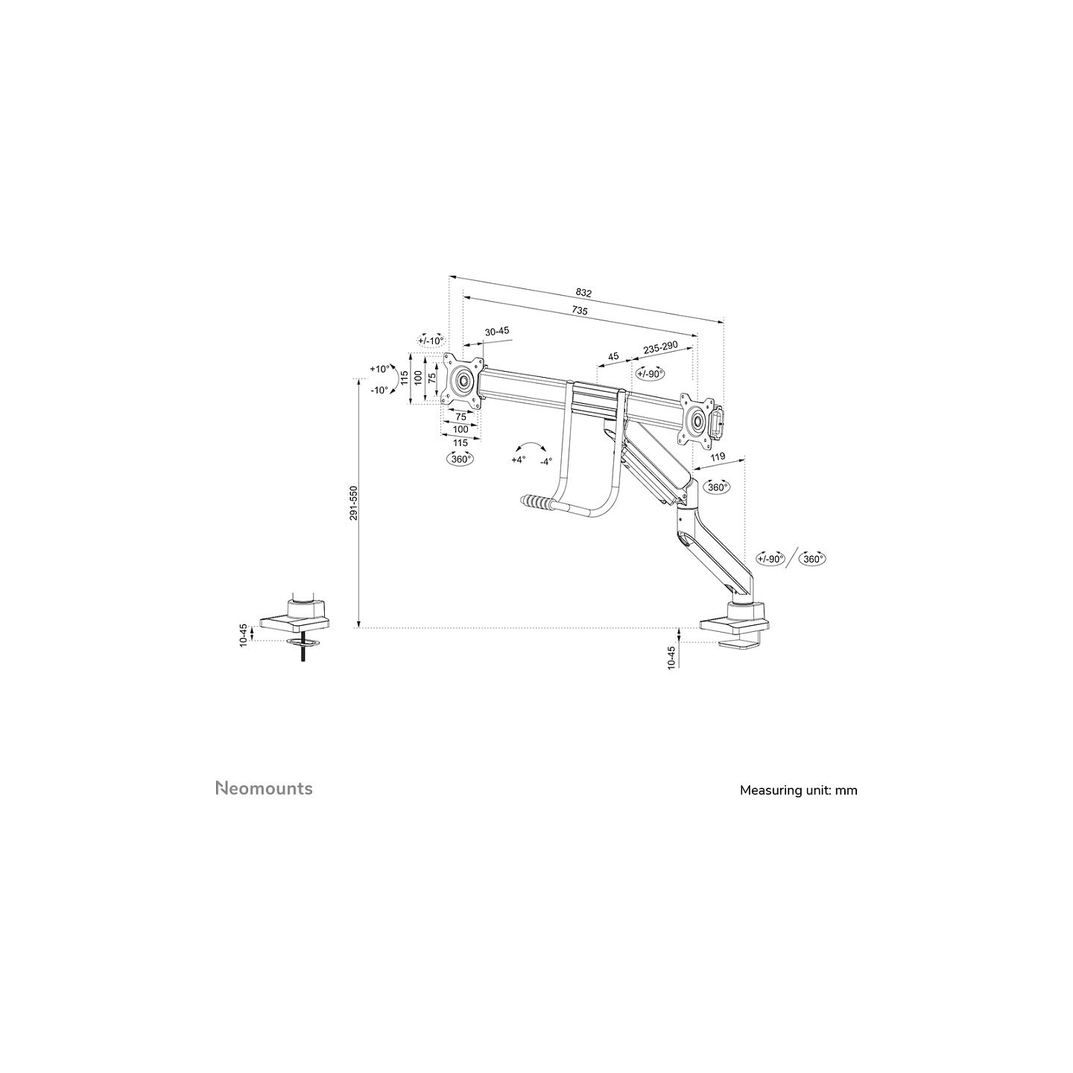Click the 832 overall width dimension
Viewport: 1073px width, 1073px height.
click(583, 293)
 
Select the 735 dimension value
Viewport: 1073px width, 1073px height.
click(580, 311)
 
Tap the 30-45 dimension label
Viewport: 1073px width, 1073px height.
click(497, 331)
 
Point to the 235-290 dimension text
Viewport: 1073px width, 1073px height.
click(660, 347)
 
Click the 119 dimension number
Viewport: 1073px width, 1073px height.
click(718, 458)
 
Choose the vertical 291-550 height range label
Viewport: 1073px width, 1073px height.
click(354, 504)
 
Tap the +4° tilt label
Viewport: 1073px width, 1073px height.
click(518, 460)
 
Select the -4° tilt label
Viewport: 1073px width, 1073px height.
click(545, 461)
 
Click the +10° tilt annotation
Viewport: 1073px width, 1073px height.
click(380, 369)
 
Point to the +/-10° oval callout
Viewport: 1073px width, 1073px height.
click(431, 341)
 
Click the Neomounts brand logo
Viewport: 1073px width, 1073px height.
click(264, 788)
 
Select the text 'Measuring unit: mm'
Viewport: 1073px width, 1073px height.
click(799, 790)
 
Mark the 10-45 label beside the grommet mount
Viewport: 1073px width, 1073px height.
click(244, 634)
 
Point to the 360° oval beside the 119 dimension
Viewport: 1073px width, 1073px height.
click(717, 487)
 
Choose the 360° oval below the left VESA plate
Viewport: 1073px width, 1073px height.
click(460, 459)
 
